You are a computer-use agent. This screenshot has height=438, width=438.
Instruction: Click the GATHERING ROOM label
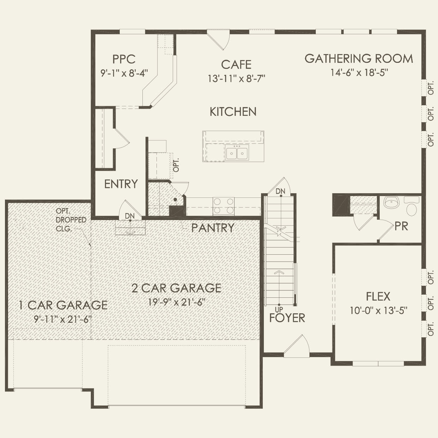pos(359,59)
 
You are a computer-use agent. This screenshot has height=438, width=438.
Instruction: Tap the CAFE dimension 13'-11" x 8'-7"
pos(236,78)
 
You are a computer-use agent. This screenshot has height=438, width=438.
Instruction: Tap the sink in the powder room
pos(391,203)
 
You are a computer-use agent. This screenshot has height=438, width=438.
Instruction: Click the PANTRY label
pos(213,228)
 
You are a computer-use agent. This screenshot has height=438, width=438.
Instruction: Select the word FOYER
pos(287,318)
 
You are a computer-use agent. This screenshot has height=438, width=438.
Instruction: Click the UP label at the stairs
pos(279,310)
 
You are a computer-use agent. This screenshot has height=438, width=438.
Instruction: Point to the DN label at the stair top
pos(280,191)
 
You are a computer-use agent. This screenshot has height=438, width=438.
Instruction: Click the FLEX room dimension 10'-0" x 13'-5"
pos(379,311)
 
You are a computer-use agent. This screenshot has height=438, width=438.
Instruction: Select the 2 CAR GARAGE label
pos(176,288)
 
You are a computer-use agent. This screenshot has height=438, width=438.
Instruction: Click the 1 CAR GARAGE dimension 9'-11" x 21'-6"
pos(63,319)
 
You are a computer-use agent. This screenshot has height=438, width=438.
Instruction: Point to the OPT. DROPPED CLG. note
pos(71,220)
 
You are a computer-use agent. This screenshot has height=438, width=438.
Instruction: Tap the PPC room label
pos(124,59)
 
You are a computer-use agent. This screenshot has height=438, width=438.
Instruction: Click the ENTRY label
pos(121,184)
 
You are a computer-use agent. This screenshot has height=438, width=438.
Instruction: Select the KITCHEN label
pos(233,112)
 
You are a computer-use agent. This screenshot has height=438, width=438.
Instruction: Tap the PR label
pos(401,226)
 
